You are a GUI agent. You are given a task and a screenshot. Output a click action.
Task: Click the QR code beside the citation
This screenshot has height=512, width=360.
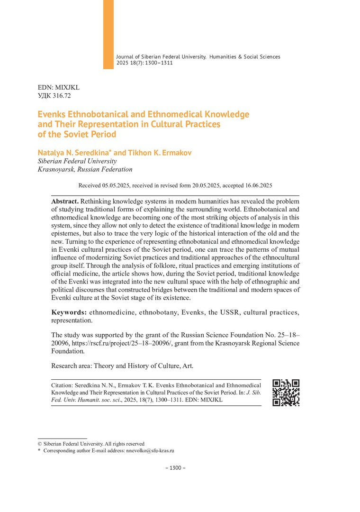(286, 393)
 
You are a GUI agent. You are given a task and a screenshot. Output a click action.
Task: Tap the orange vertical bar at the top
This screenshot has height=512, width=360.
(108, 34)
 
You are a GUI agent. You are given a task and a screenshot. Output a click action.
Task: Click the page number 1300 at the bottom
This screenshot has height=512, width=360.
(175, 468)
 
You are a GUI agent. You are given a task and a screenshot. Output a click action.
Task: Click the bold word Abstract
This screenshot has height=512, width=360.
(65, 201)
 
